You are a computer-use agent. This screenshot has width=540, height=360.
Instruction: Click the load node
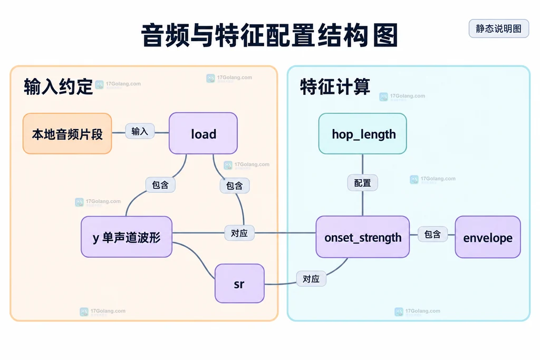[x=203, y=133]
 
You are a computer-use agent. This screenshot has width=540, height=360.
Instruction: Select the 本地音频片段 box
[x=67, y=133]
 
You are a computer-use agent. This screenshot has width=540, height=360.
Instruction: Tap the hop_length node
[x=363, y=133]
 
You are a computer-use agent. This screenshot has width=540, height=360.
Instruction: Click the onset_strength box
[x=363, y=237]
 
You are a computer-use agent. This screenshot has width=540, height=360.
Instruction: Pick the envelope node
[x=488, y=237]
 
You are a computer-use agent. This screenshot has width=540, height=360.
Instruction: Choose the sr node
[x=239, y=284]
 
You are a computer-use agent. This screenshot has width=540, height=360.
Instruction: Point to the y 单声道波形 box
[x=127, y=237]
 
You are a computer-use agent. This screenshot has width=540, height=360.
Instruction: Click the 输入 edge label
[x=139, y=131]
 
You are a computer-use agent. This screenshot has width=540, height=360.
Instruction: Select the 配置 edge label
[x=363, y=183]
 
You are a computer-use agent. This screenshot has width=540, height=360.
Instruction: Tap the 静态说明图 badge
[x=499, y=28]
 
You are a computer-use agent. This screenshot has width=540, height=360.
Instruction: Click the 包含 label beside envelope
[x=432, y=235]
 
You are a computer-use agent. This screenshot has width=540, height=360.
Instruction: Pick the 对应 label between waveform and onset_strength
[x=239, y=233]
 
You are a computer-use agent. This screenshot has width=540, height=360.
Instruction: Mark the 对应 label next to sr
[x=311, y=278]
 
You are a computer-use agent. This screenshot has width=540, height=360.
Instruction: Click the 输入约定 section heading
[x=58, y=86]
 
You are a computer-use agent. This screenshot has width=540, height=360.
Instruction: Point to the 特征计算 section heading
[x=335, y=86]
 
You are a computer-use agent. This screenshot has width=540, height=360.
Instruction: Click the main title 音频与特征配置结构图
[x=269, y=35]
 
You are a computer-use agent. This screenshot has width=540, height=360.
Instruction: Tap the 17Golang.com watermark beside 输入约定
[x=118, y=84]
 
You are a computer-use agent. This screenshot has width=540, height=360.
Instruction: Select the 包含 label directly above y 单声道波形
[x=160, y=185]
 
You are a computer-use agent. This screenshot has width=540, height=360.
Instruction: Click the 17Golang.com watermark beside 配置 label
[x=433, y=179]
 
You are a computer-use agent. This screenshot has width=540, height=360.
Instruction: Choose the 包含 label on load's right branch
[x=235, y=186]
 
